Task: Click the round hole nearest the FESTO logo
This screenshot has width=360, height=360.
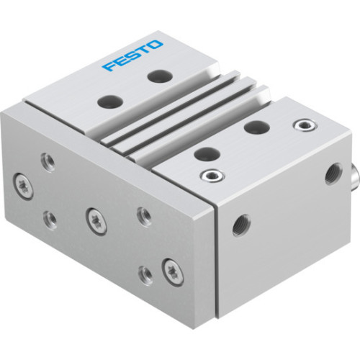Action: [156, 74]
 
